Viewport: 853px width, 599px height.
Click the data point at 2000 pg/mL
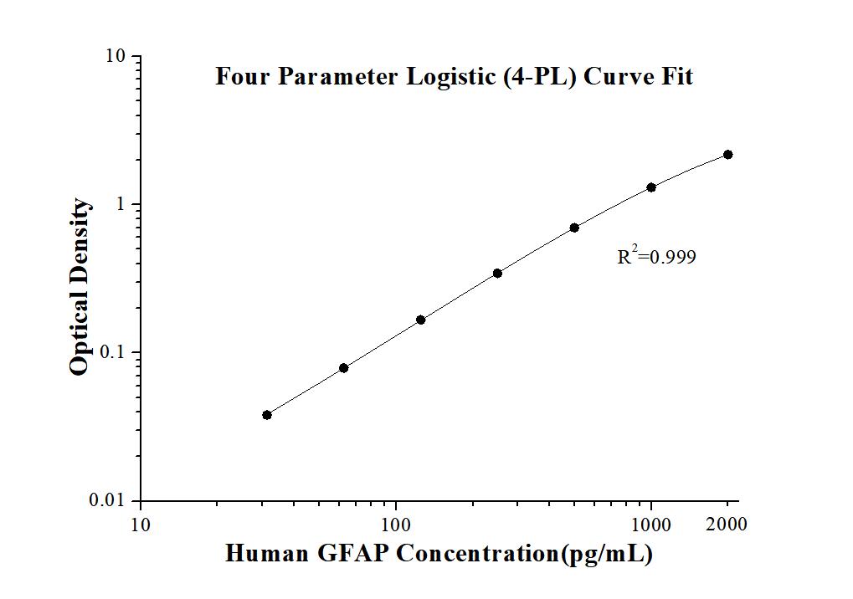pyautogui.click(x=728, y=155)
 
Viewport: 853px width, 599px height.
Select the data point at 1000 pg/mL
pyautogui.click(x=651, y=187)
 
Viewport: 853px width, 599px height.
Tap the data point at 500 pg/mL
pyautogui.click(x=574, y=228)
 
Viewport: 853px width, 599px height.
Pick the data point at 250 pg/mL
pyautogui.click(x=497, y=273)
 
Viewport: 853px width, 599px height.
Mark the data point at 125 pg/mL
pyautogui.click(x=420, y=320)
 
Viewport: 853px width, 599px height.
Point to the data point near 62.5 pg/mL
pyautogui.click(x=343, y=368)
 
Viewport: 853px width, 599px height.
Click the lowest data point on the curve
pyautogui.click(x=267, y=415)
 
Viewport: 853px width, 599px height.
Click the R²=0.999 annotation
pyautogui.click(x=656, y=257)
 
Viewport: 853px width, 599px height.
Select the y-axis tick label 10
pyautogui.click(x=115, y=57)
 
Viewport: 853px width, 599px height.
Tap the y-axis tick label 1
pyautogui.click(x=121, y=205)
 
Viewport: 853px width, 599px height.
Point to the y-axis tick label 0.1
pyautogui.click(x=112, y=352)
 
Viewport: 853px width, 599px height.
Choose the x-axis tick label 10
pyautogui.click(x=141, y=525)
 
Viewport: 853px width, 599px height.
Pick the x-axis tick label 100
pyautogui.click(x=396, y=525)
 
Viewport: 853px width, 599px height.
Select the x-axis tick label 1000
pyautogui.click(x=651, y=525)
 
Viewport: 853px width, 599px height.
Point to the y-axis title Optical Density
pyautogui.click(x=80, y=287)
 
